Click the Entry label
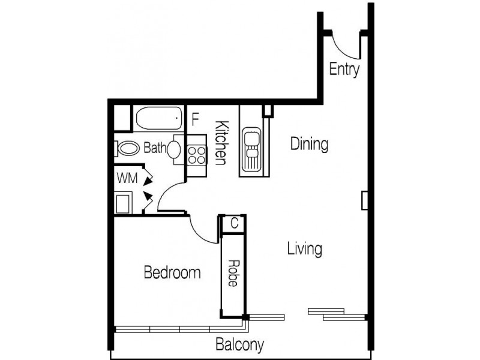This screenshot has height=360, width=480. tap(344, 70)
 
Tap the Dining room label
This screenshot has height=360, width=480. tap(309, 144)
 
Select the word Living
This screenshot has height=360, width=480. tap(304, 248)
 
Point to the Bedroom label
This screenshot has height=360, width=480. tap(172, 274)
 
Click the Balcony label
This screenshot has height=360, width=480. tap(239, 345)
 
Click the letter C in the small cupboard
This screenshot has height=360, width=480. tap(235, 223)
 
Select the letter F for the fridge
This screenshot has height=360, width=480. tap(195, 119)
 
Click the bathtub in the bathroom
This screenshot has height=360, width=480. tap(158, 119)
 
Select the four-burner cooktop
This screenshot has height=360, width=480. tap(196, 155)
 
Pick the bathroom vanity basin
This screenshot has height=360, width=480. tap(173, 149)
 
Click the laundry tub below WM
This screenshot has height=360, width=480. tap(124, 202)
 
